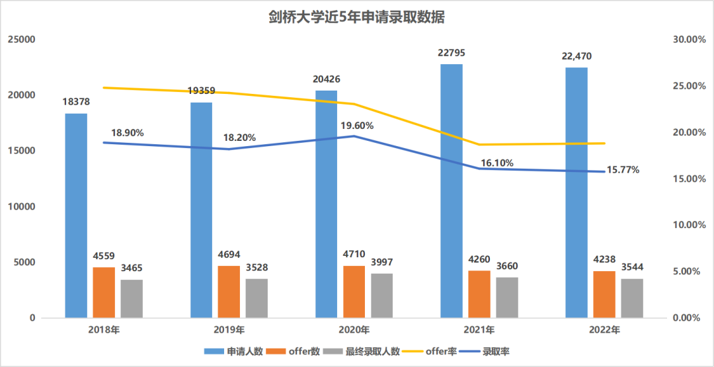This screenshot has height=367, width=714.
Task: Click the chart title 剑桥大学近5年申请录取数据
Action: point(357,17)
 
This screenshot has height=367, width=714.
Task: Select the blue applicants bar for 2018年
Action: point(76,215)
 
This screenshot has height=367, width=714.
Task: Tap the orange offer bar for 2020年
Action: point(354,292)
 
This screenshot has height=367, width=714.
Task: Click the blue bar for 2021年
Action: point(452,190)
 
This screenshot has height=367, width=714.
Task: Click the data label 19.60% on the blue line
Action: point(357,126)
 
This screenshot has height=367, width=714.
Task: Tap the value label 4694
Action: point(229,254)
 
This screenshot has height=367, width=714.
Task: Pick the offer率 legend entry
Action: point(434,352)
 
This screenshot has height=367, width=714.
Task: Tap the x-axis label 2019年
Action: point(229,329)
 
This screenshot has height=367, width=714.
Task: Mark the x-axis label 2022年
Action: point(604,329)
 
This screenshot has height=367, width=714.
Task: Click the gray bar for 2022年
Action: point(632,298)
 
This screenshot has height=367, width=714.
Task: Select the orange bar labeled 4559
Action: point(104,292)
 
